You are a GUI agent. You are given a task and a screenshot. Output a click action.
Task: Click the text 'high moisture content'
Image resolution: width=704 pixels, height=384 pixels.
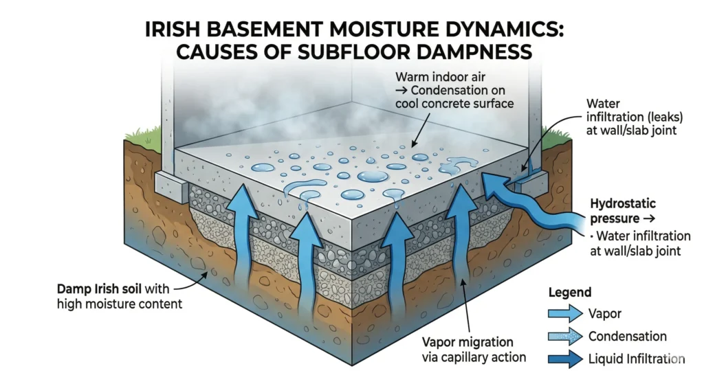pyautogui.click(x=119, y=304)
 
